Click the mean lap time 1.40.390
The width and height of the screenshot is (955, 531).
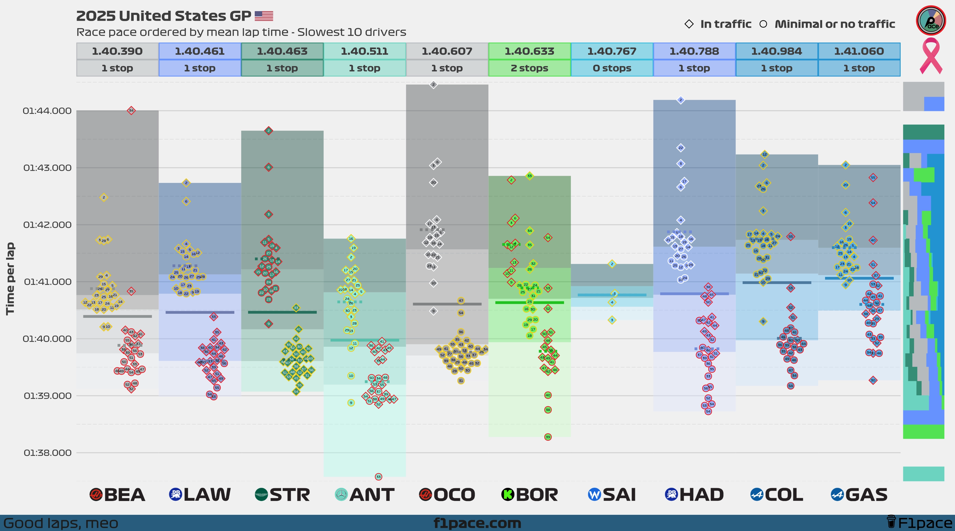click(117, 51)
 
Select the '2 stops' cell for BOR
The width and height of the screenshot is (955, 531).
click(529, 68)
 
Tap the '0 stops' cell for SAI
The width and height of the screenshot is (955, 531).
click(612, 68)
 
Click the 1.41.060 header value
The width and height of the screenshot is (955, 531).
click(859, 51)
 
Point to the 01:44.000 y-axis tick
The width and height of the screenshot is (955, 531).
click(47, 111)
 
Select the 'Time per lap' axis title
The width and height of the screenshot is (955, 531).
click(10, 278)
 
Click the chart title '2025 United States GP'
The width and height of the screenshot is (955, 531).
click(163, 16)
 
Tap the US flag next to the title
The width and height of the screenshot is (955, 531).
click(264, 16)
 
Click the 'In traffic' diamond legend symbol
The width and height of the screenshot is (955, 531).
click(689, 24)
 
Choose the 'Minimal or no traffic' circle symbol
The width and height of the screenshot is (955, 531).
click(763, 24)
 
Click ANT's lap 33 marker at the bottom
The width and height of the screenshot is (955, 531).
click(378, 477)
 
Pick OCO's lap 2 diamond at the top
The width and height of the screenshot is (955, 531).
click(433, 85)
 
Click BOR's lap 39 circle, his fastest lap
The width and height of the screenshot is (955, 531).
click(548, 437)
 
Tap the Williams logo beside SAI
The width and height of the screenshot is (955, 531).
click(594, 495)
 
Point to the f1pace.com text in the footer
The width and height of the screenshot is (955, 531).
click(477, 523)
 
